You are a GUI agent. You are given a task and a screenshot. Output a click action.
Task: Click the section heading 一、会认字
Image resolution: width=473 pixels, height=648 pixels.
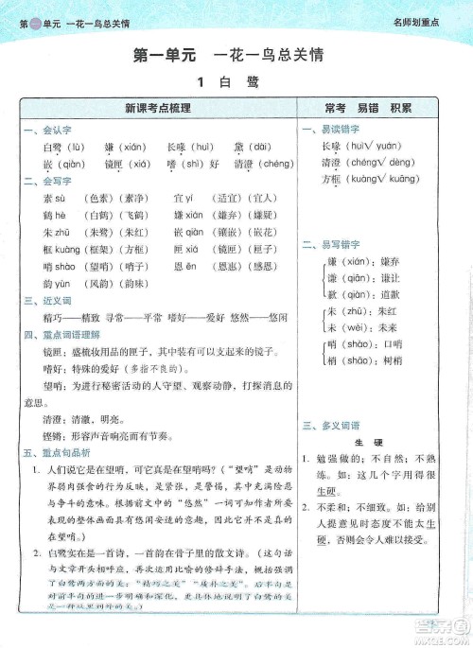click(44, 129)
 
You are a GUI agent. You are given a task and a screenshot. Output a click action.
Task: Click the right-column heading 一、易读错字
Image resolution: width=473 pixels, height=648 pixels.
click(326, 129)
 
